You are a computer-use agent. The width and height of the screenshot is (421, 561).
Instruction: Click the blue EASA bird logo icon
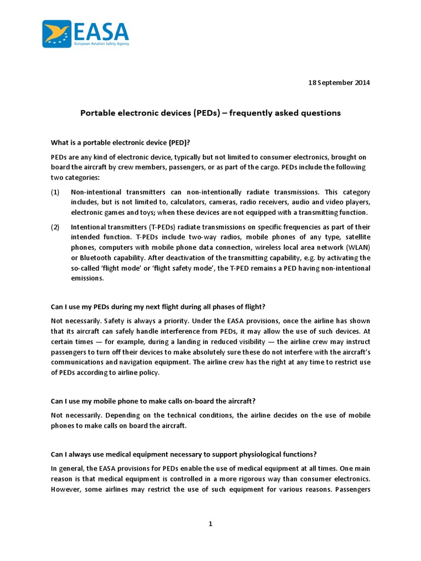(56, 34)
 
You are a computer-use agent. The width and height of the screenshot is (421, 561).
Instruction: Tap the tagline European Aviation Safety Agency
(101, 43)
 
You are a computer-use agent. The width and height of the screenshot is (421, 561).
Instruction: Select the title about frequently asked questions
(210, 113)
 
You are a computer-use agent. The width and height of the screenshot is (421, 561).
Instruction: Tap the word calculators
(190, 203)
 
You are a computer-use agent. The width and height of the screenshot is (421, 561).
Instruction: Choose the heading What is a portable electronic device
(121, 142)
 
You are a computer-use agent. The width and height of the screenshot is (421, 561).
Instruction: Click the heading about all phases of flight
(159, 306)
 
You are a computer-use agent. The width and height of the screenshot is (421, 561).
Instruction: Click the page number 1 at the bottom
(210, 524)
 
